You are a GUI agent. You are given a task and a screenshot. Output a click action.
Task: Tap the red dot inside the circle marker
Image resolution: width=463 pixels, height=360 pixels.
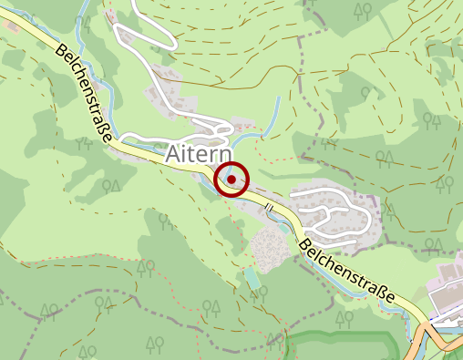click(x=231, y=180)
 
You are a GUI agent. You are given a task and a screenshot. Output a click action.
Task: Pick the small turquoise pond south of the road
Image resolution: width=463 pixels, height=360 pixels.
click(x=252, y=276)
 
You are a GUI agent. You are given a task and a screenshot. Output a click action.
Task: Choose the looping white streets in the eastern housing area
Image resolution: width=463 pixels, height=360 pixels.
click(x=337, y=211)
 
